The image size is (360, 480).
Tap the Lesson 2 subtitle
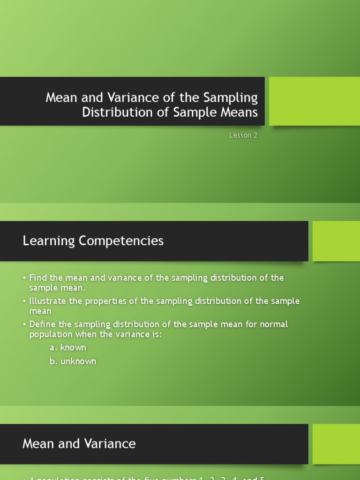[243, 135]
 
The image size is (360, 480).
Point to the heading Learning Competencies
[93, 240]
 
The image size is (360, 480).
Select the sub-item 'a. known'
[68, 347]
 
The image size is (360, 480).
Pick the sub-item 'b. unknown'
[73, 361]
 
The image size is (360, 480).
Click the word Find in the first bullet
[37, 277]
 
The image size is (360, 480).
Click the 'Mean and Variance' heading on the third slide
[79, 443]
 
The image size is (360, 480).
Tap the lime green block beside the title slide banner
[314, 101]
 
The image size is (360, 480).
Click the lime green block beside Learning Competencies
[336, 241]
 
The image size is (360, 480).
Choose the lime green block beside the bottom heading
[336, 444]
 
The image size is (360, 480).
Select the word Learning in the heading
[49, 240]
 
